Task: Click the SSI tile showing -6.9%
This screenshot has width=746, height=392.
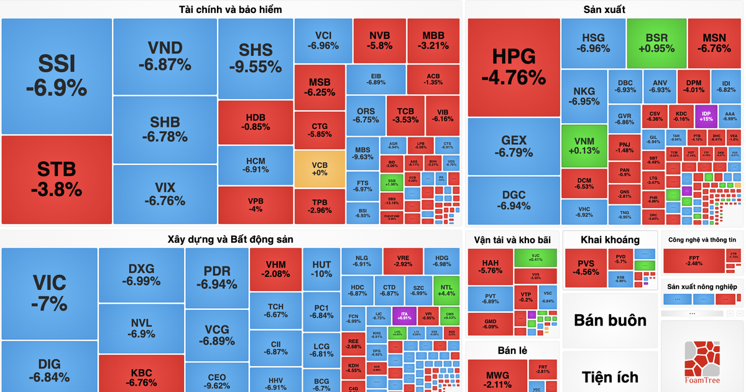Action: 57,76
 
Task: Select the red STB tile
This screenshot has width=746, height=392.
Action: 57,179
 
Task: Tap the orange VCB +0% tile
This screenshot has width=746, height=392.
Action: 319,168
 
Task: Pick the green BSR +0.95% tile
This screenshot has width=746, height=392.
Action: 656,42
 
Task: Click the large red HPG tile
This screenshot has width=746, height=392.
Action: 513,67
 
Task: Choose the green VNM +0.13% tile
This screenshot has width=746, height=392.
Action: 584,146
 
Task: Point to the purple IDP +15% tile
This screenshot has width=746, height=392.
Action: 706,116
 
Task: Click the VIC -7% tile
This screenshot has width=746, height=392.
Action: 50,292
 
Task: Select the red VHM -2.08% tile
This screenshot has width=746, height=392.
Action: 275,269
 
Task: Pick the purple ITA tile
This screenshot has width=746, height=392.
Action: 404,314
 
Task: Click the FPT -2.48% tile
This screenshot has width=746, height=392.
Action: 694,261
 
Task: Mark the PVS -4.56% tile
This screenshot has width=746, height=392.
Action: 586,268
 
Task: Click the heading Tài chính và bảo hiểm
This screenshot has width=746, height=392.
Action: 230,9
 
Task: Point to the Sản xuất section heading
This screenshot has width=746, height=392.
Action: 604,9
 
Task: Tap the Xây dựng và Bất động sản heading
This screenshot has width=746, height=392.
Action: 230,239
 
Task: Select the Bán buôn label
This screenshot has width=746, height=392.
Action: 610,320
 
